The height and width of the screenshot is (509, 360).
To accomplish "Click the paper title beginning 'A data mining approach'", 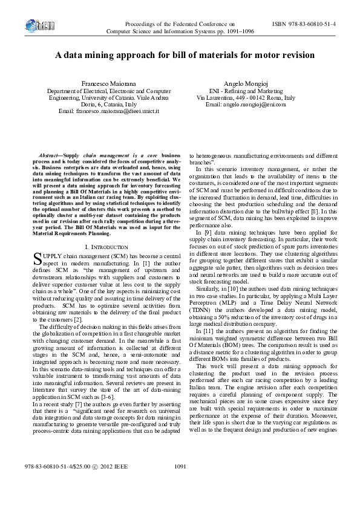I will coord(180,55).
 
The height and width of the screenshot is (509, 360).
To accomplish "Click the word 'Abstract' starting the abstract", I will coord(50,156).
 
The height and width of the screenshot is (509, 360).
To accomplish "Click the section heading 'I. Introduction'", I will coord(106,247).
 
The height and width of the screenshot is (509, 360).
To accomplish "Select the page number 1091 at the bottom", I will coord(180,484).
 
